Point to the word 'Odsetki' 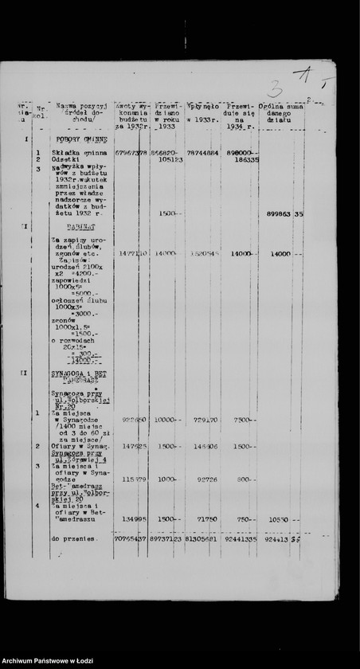(x=63, y=159)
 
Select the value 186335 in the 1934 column (x=245, y=159)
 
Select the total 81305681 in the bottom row (x=203, y=539)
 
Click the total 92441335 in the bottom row (x=240, y=539)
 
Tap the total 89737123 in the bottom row (x=168, y=539)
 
